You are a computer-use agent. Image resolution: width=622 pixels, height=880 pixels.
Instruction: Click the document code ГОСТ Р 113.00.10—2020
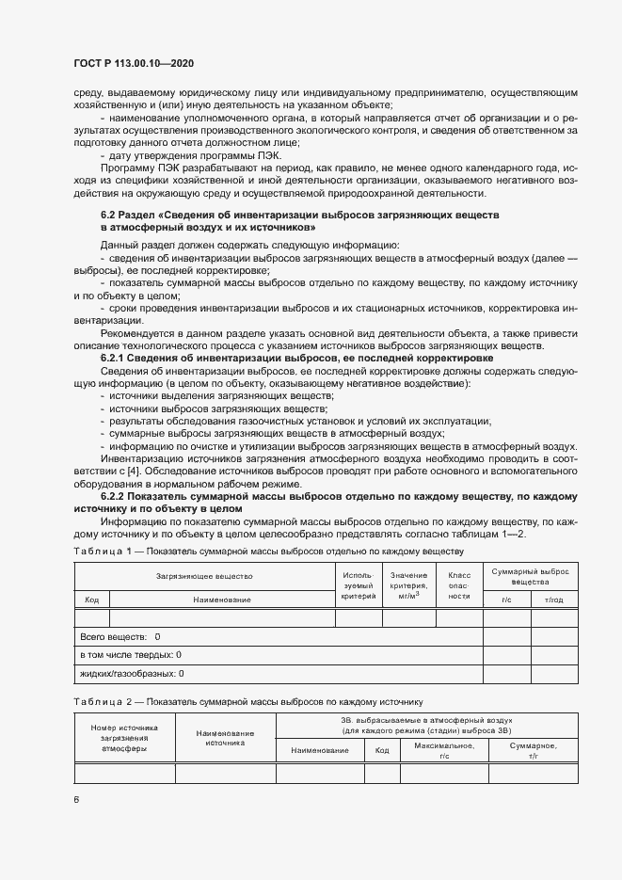[x=134, y=63]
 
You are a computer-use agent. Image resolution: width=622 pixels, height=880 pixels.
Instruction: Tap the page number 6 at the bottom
[x=76, y=799]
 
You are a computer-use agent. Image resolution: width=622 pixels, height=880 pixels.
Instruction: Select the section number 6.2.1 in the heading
[x=116, y=359]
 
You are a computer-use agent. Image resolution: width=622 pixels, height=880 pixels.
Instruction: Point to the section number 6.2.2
[x=116, y=495]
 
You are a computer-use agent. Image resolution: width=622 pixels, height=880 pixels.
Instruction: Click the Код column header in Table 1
[x=92, y=600]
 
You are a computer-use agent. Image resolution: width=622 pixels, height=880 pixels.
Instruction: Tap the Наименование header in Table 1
[x=222, y=600]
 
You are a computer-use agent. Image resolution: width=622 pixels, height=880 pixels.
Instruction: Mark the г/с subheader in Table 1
[x=506, y=600]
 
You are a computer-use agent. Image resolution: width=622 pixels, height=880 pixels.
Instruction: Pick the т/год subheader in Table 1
[x=554, y=600]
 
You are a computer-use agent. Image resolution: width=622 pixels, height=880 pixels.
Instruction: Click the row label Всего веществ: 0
[x=120, y=637]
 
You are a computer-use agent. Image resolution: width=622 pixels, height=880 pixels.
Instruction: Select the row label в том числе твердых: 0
[x=131, y=654]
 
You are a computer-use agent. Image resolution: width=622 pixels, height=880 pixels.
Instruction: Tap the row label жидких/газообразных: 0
[x=132, y=673]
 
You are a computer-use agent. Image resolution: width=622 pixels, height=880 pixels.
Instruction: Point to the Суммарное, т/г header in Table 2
[x=534, y=750]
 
